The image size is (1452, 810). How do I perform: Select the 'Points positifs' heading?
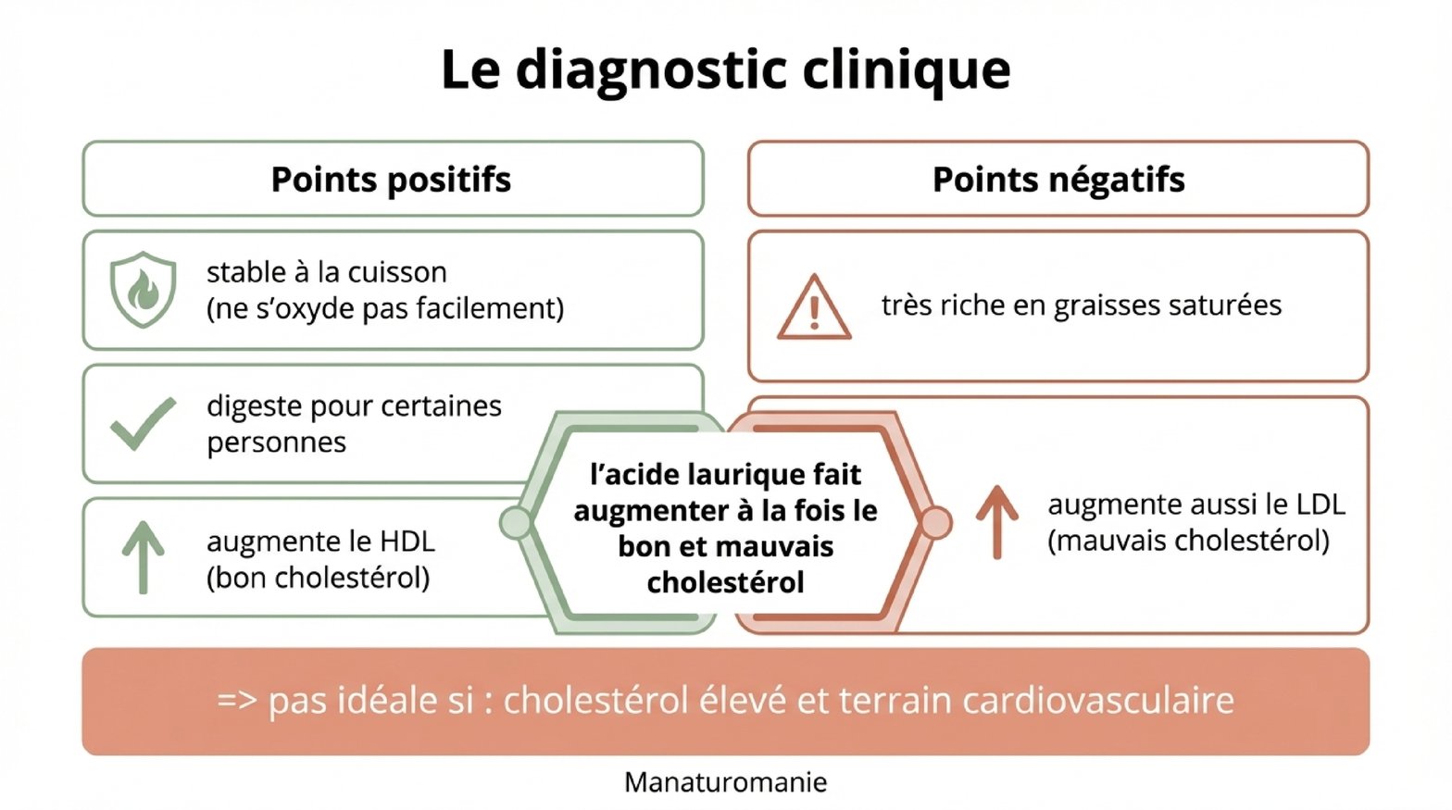(391, 180)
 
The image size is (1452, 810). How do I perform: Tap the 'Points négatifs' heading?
(1058, 180)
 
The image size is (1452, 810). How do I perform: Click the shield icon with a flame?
(143, 290)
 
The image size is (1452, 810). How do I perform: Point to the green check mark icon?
(143, 424)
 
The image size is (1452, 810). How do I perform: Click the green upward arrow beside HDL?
(143, 556)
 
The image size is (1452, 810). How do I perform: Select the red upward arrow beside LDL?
(997, 521)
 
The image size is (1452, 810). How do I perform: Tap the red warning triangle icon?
(814, 308)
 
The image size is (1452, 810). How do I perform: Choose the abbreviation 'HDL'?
(407, 542)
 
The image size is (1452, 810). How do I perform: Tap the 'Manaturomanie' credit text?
(725, 782)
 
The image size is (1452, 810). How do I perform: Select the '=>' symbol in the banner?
(236, 701)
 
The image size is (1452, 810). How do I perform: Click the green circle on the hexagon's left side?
(515, 523)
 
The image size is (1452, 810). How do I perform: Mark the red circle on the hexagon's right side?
(935, 523)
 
